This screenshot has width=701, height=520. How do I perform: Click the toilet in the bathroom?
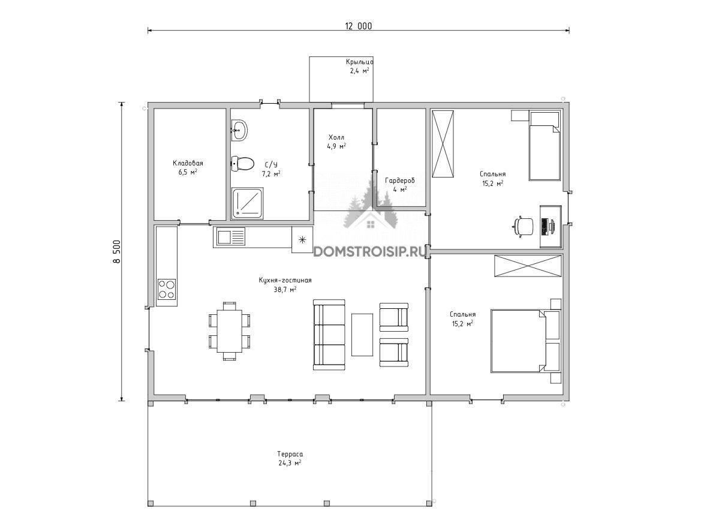pyautogui.click(x=242, y=164)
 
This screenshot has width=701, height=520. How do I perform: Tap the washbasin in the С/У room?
pyautogui.click(x=239, y=131)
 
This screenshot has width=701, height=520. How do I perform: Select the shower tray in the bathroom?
pyautogui.click(x=247, y=203)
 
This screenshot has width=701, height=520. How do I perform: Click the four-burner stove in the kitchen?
pyautogui.click(x=166, y=289)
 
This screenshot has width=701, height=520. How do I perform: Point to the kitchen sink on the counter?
pyautogui.click(x=230, y=237)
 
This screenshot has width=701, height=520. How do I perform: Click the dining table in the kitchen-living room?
pyautogui.click(x=229, y=331)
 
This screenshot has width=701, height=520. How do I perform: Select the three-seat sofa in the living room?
pyautogui.click(x=329, y=335)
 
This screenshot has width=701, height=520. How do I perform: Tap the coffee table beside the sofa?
pyautogui.click(x=362, y=335)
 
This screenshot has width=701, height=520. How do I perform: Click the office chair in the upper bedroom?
pyautogui.click(x=524, y=226)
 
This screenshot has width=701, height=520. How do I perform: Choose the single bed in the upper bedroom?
pyautogui.click(x=544, y=146)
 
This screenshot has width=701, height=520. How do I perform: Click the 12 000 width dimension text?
pyautogui.click(x=358, y=26)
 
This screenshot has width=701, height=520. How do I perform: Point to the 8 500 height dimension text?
pyautogui.click(x=117, y=252)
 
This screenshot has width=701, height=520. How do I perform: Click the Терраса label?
pyautogui.click(x=290, y=454)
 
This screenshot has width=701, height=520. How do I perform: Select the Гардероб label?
pyautogui.click(x=400, y=181)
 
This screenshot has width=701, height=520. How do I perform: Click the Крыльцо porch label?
pyautogui.click(x=359, y=62)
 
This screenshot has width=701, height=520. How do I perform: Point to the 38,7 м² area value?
pyautogui.click(x=285, y=290)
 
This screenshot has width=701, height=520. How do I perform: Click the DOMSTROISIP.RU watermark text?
pyautogui.click(x=369, y=252)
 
